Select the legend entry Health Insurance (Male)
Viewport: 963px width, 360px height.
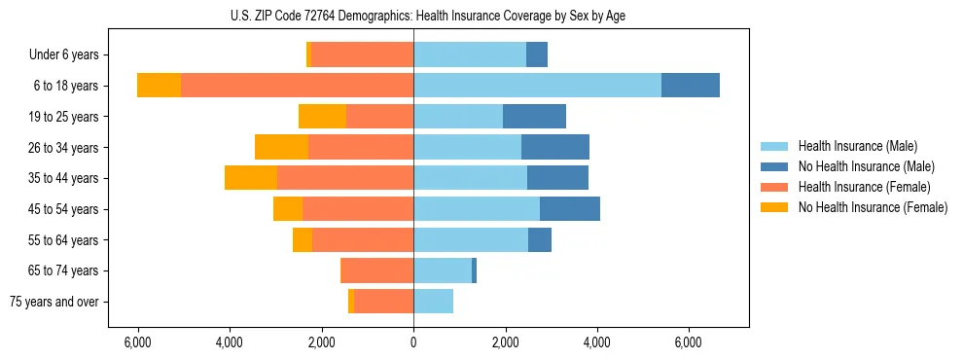tap(857, 146)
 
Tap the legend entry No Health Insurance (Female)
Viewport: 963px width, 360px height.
tap(873, 207)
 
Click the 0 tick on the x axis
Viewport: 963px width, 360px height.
tap(413, 342)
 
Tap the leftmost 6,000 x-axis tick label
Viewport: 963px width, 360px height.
tap(138, 342)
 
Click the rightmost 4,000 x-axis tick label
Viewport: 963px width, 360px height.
tap(596, 342)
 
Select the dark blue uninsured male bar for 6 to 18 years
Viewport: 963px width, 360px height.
tap(691, 86)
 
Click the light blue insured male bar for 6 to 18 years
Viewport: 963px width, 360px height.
tap(537, 86)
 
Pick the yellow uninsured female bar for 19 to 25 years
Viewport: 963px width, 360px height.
tap(322, 117)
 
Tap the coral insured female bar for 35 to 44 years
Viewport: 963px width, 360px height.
tap(345, 178)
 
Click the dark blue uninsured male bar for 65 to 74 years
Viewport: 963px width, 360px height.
tap(474, 270)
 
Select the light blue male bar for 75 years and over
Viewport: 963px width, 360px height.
tap(433, 302)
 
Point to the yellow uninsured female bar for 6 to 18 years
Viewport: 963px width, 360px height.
tap(159, 86)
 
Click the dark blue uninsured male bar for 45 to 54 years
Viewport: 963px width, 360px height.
tap(570, 209)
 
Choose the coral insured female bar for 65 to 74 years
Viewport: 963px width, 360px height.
tap(377, 270)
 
